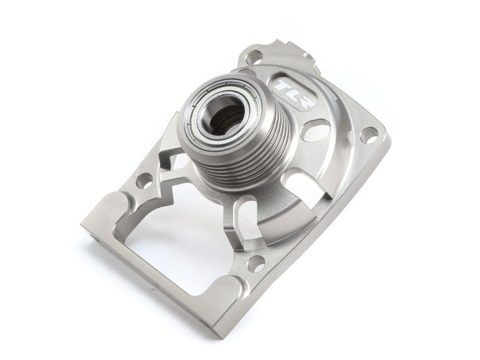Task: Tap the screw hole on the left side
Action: pyautogui.click(x=144, y=183)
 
